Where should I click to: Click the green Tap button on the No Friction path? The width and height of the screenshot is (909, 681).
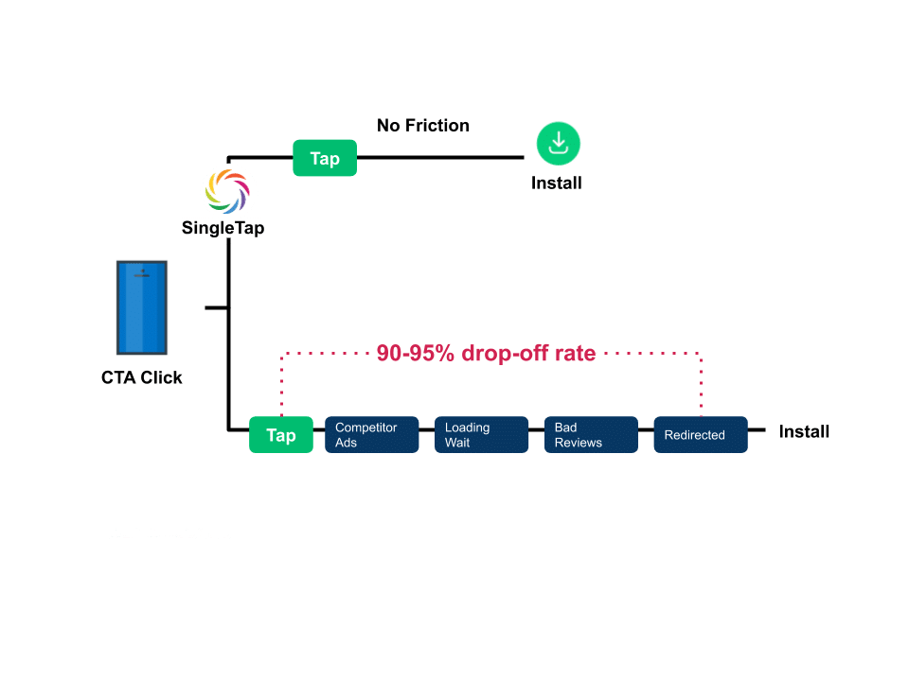click(x=324, y=158)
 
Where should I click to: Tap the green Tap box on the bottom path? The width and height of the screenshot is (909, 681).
click(x=280, y=435)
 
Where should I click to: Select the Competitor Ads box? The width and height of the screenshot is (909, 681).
click(x=371, y=435)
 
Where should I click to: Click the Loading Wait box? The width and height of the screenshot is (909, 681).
click(x=481, y=435)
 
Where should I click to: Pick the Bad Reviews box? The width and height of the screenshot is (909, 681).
click(x=590, y=435)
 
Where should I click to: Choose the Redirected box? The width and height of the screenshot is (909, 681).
click(x=700, y=435)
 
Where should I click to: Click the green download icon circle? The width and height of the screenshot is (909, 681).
click(x=558, y=144)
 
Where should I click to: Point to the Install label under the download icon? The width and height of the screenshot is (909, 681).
click(x=557, y=183)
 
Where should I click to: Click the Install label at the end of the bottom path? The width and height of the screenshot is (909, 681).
click(x=804, y=431)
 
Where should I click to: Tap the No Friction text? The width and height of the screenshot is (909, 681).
click(x=422, y=125)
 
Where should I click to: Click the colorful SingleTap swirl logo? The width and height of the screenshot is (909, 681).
click(x=228, y=189)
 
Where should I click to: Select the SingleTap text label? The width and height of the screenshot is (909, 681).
click(x=223, y=227)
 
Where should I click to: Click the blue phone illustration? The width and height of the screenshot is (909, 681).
click(x=142, y=307)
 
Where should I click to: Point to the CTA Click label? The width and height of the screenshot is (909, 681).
click(x=142, y=377)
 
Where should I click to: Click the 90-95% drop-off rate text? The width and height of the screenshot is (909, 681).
click(x=486, y=354)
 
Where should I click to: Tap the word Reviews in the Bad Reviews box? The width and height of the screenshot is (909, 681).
click(x=578, y=443)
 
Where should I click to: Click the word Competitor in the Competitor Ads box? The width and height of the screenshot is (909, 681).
click(x=365, y=428)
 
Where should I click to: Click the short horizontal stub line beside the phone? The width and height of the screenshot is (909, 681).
click(x=216, y=307)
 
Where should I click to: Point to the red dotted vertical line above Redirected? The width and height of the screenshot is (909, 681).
click(x=700, y=383)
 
